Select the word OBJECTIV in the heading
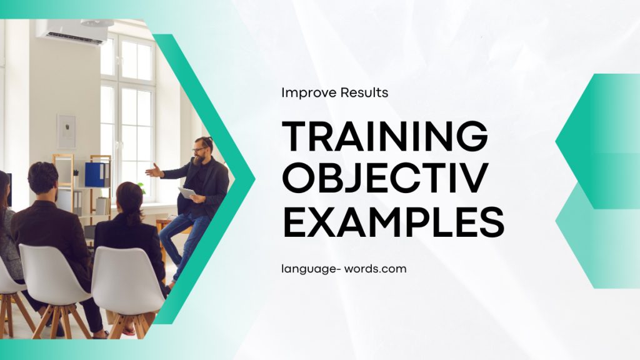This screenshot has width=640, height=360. (x=384, y=179)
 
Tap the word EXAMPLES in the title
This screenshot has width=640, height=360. (x=393, y=222)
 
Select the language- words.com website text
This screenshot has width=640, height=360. (x=344, y=269)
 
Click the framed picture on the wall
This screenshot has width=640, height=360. (x=66, y=131)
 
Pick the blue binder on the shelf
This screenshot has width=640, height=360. (x=95, y=174)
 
